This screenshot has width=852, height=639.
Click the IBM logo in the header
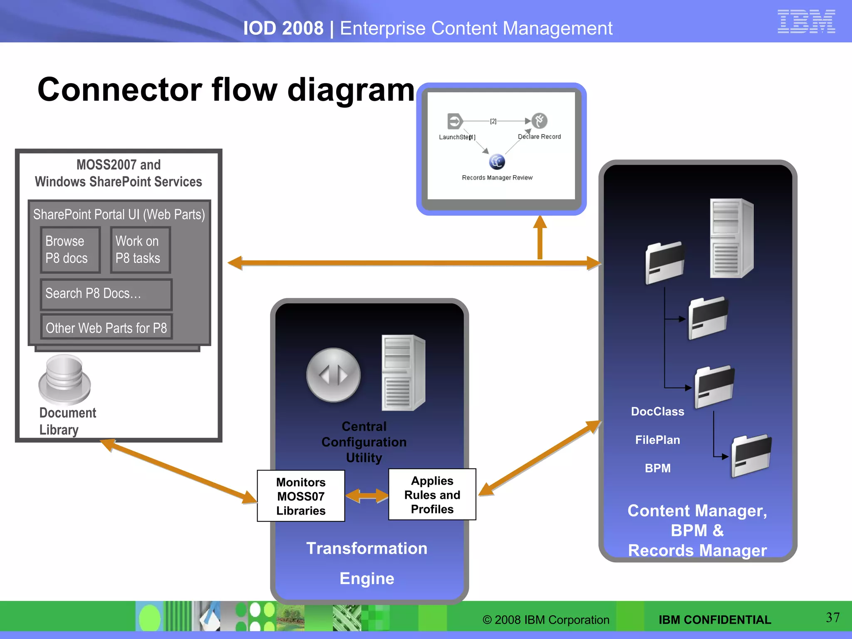(806, 21)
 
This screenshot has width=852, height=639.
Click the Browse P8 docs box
(70, 250)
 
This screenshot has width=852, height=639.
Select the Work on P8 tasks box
(140, 250)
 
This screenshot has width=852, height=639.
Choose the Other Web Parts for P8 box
(106, 328)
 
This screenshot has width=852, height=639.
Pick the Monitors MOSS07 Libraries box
(301, 496)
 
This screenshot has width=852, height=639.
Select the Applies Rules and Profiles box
(432, 495)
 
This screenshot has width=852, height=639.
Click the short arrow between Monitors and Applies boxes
(367, 495)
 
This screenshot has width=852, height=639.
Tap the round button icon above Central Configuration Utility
(333, 375)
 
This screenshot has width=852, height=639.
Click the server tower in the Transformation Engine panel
(402, 373)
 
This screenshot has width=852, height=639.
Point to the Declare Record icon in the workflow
(540, 121)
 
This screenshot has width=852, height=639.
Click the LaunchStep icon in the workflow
(454, 121)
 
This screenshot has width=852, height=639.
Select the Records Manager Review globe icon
(497, 162)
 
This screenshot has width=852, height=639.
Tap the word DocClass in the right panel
(657, 411)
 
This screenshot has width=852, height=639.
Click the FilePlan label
(657, 440)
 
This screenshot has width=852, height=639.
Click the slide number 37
(832, 617)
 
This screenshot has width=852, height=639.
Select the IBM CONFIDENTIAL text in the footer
(714, 620)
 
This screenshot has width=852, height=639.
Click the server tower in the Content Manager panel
(731, 238)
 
